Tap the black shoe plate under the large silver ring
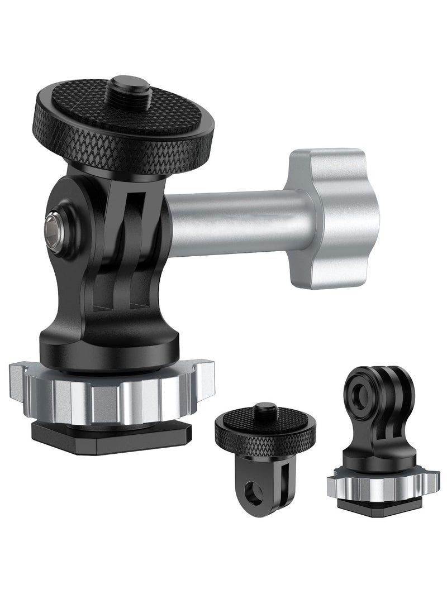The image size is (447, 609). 112,438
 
